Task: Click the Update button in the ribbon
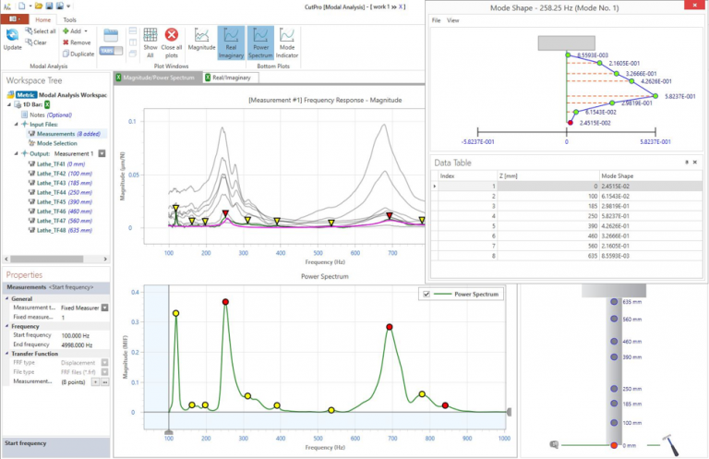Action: [13, 38]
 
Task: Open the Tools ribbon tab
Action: [70, 18]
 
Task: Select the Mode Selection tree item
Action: [56, 144]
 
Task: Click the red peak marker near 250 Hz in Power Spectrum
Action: [225, 302]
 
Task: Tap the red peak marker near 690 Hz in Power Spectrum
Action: [390, 327]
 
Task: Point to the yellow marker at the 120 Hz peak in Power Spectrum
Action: [175, 314]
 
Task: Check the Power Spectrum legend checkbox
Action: [427, 294]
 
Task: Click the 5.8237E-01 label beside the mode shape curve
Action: [678, 95]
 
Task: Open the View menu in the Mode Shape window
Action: [452, 19]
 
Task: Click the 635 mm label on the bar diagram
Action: [632, 302]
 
